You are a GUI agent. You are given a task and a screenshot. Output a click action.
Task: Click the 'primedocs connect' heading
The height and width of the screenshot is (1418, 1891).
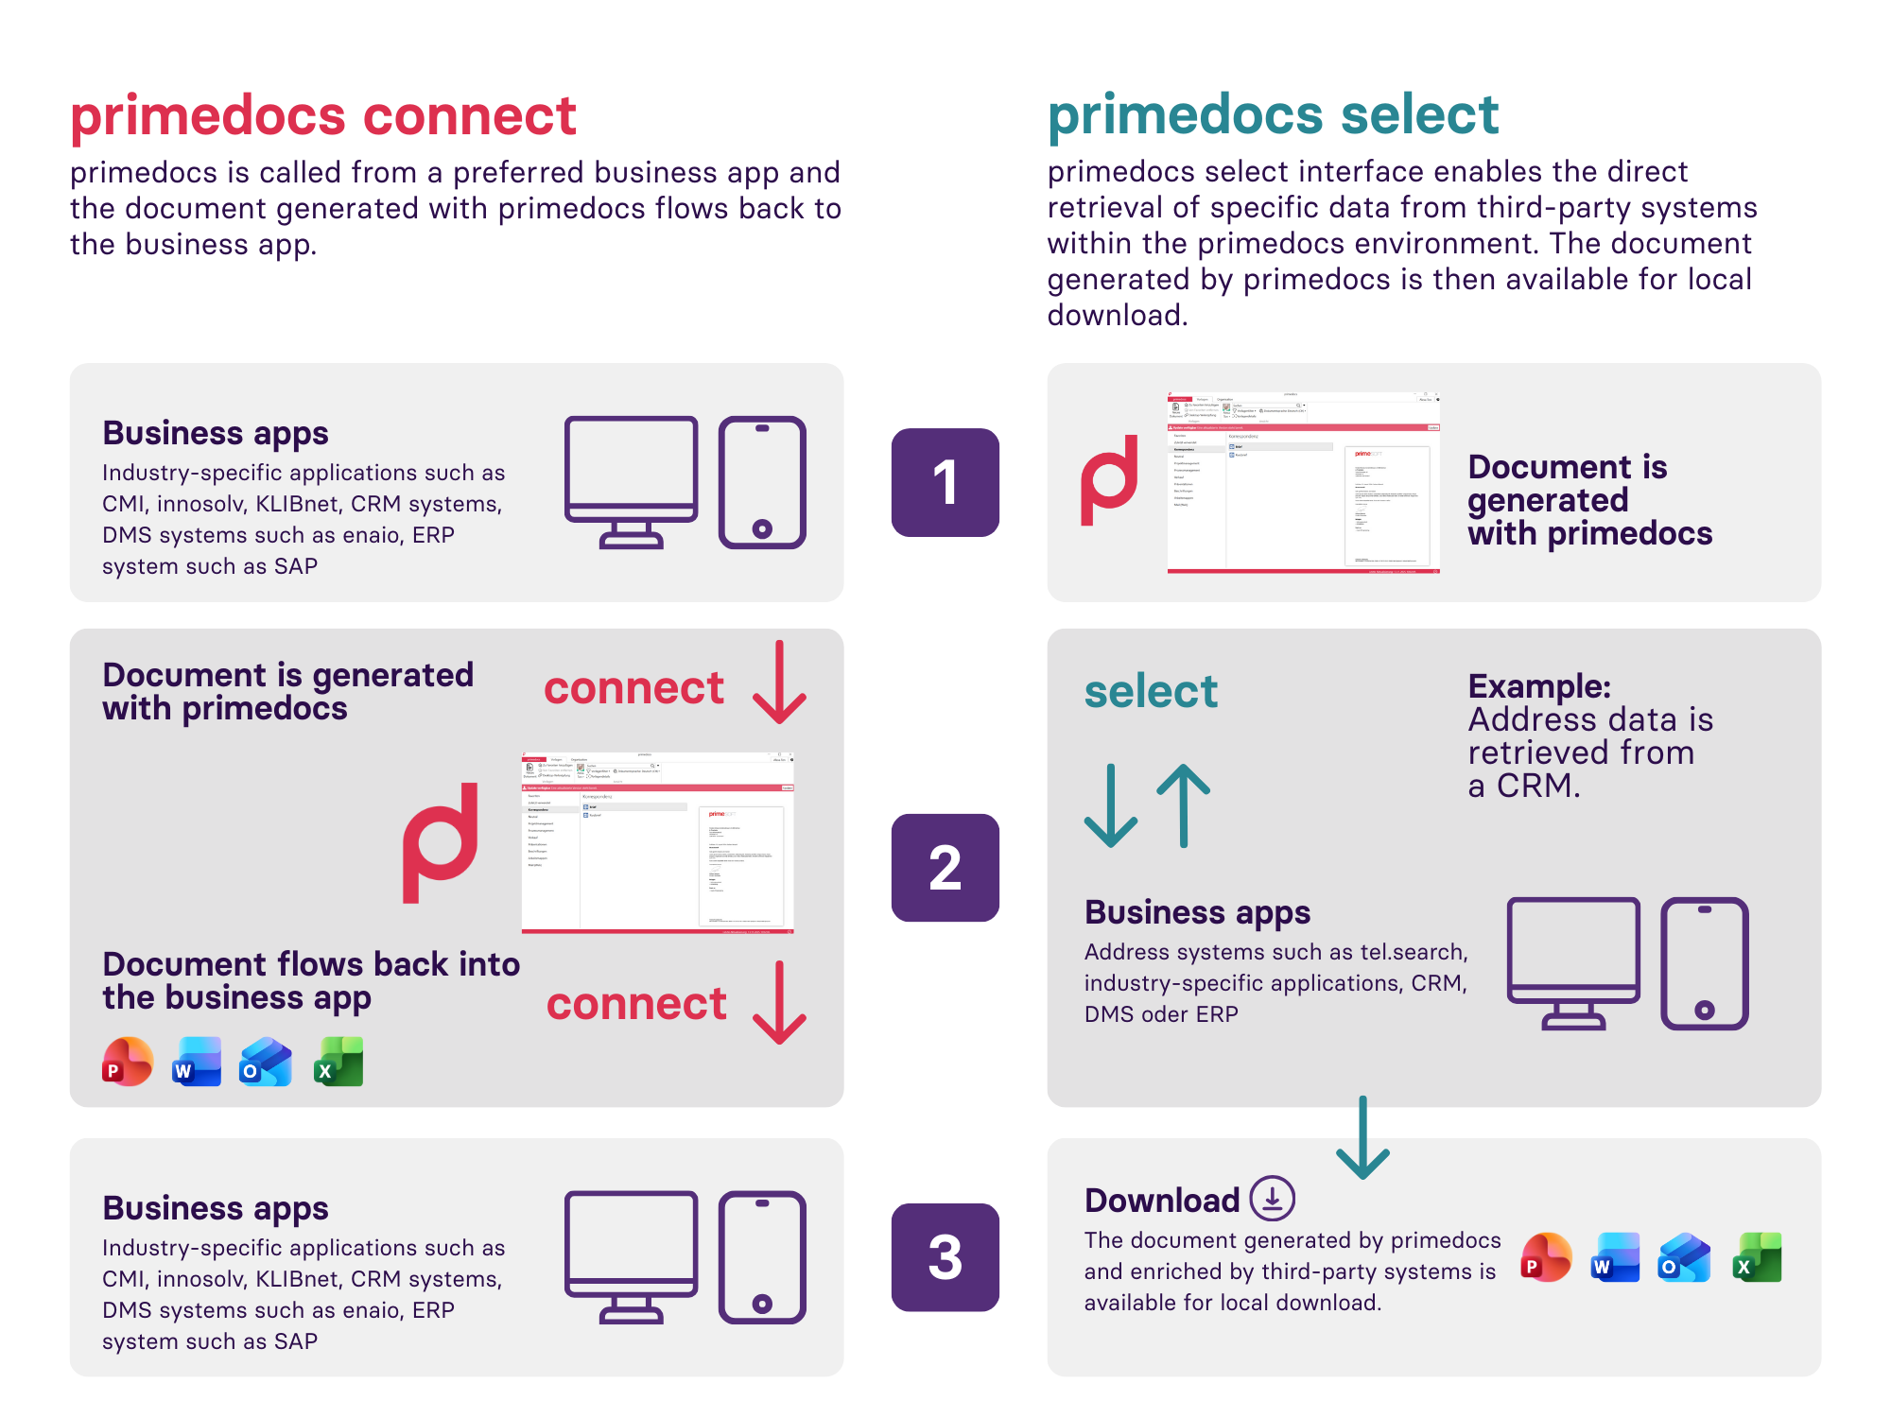322,116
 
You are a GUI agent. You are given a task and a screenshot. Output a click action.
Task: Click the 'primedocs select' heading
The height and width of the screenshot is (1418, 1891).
1273,115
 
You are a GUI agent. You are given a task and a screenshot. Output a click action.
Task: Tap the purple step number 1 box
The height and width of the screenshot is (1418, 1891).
945,482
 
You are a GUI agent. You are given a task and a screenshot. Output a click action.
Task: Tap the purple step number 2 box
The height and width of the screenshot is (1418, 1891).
945,867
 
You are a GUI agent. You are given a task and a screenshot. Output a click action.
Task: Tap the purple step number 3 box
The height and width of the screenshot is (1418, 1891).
945,1256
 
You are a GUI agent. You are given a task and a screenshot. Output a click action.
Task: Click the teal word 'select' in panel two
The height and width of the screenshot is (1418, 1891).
1151,691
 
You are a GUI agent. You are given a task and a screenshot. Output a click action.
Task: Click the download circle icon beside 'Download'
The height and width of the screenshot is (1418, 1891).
1273,1199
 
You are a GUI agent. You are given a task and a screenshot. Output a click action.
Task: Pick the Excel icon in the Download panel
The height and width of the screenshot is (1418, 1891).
1757,1257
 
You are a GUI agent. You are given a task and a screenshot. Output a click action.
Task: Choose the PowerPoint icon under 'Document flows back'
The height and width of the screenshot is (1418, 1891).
128,1062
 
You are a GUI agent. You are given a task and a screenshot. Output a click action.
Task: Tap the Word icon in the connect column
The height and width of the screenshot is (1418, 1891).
197,1062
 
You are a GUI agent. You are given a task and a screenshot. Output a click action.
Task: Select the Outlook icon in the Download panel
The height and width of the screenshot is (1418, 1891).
1684,1257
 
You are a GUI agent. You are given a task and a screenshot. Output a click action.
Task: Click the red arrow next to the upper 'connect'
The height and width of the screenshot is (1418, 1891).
779,683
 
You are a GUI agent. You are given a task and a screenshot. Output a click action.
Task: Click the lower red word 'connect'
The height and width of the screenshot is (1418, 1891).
636,1003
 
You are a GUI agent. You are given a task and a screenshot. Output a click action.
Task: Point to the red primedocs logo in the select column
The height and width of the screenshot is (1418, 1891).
1110,480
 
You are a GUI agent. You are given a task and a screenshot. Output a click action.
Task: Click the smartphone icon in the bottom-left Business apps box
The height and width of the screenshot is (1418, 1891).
762,1256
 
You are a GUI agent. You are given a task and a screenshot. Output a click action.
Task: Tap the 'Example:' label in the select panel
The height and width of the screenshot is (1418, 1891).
1538,686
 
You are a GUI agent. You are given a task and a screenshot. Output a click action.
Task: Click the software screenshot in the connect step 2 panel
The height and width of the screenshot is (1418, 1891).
657,842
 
